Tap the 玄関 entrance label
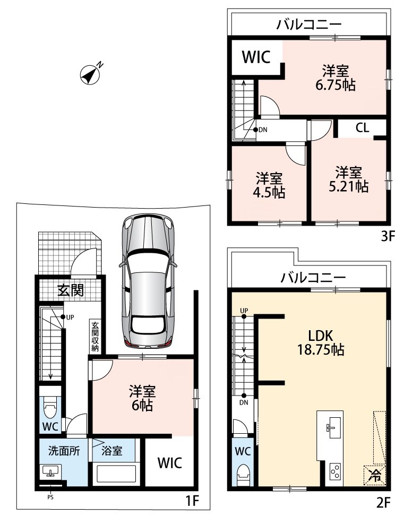coord(71,290)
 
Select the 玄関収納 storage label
coord(95,337)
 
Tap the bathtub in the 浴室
coord(114,475)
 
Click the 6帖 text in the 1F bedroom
coord(142,406)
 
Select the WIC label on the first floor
coord(170,463)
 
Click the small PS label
coord(50,497)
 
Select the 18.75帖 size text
coord(321,349)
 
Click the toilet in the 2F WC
coord(243,475)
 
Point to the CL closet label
coord(363,128)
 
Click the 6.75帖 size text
coord(335,85)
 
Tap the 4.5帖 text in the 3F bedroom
coord(269,193)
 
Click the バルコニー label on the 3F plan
coord(309,24)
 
